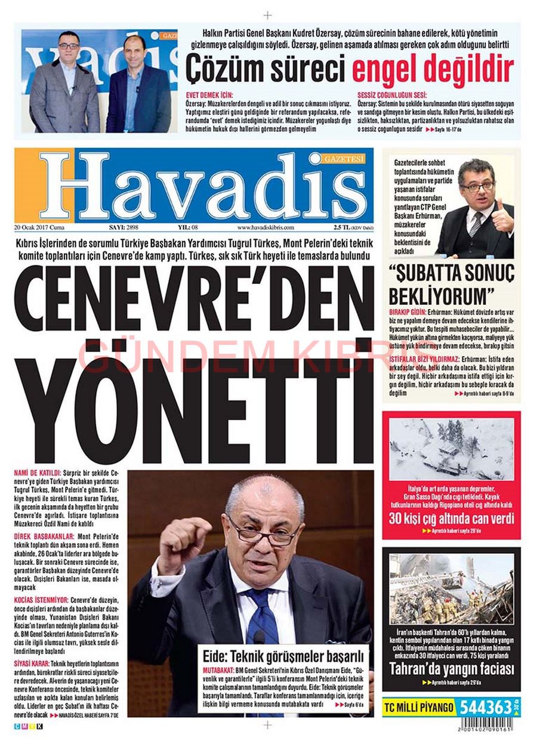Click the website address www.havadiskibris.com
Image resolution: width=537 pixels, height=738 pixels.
[266, 227]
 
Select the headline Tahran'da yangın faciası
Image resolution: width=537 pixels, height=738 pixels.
[451, 669]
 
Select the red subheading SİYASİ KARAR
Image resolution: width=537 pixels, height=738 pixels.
[30, 663]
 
